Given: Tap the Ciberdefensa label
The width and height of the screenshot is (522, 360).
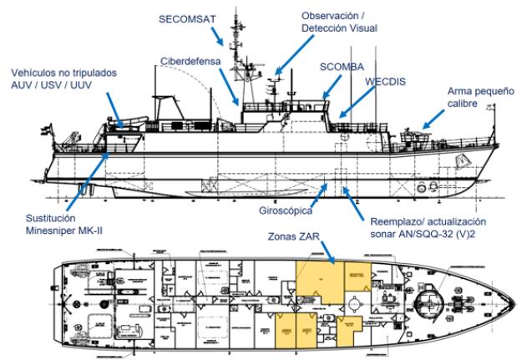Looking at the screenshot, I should [x=192, y=63].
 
